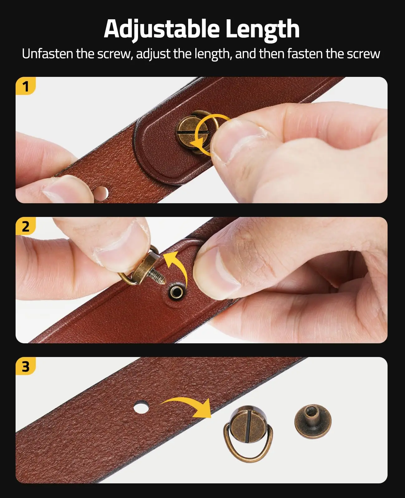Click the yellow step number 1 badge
(26, 86)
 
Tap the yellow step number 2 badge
(26, 226)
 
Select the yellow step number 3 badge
(26, 366)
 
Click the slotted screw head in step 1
(188, 131)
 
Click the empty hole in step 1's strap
(102, 193)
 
